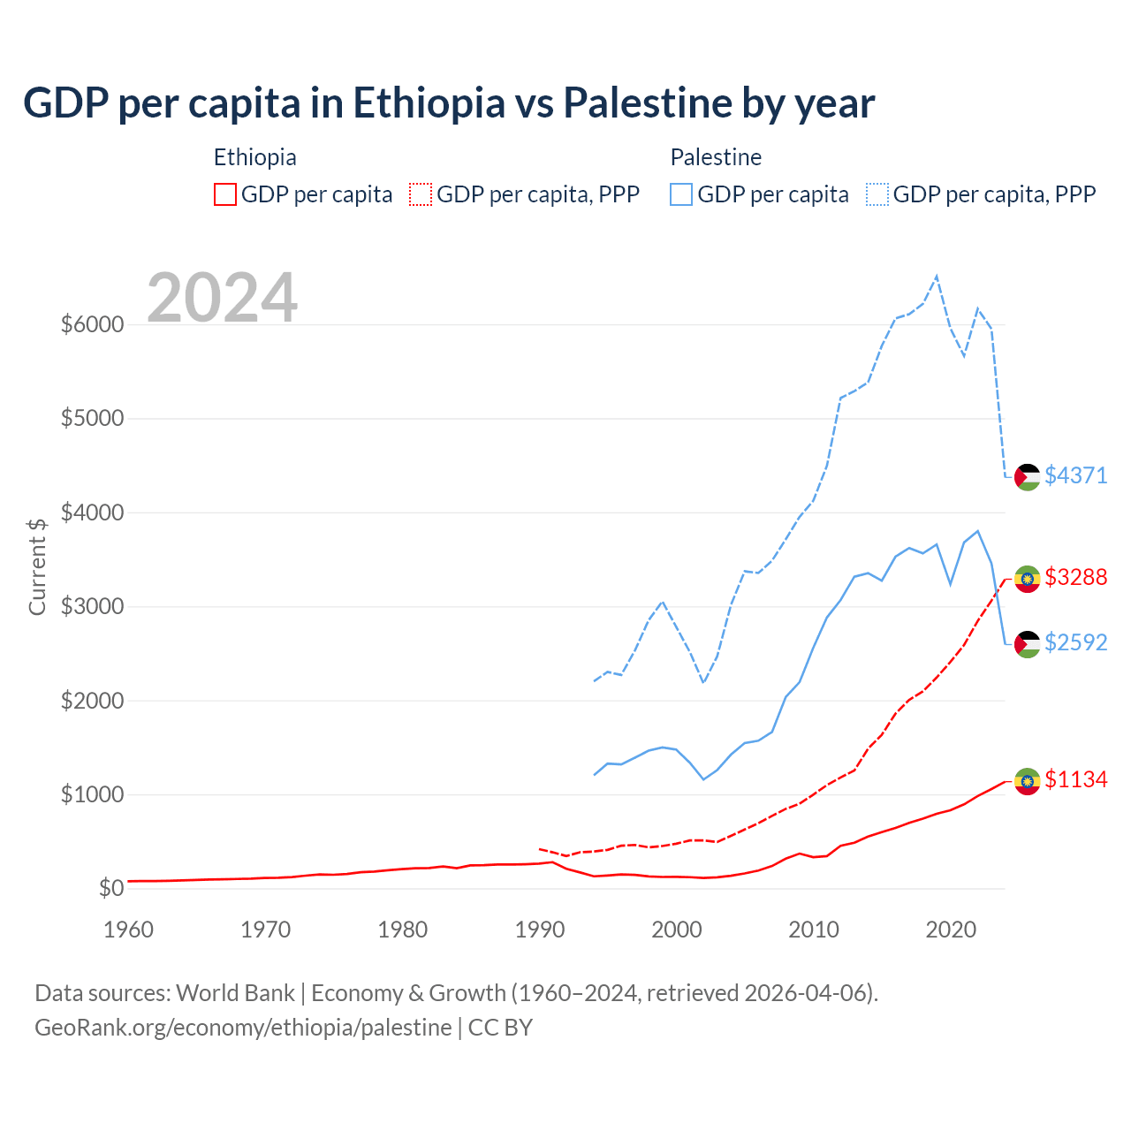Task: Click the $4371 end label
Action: [x=1075, y=475]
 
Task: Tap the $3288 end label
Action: [x=1075, y=577]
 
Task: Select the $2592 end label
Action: [x=1075, y=642]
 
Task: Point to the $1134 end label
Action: [x=1075, y=779]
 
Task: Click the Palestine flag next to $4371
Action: [x=1027, y=477]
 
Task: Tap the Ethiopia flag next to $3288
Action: [x=1027, y=579]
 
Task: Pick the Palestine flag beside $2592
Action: [x=1027, y=644]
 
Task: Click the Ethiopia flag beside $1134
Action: [x=1027, y=781]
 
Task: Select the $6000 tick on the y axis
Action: [x=92, y=324]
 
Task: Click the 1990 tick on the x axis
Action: [x=540, y=930]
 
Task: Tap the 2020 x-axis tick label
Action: [x=951, y=930]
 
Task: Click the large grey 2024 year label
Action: [x=222, y=298]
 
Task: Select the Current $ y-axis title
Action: [x=37, y=565]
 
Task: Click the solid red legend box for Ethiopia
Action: [x=225, y=194]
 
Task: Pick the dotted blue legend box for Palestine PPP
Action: [x=877, y=194]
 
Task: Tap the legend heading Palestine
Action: [x=716, y=157]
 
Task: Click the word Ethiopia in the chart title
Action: [x=429, y=102]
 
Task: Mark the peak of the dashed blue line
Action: [x=937, y=276]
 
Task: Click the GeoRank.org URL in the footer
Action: [x=243, y=1028]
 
